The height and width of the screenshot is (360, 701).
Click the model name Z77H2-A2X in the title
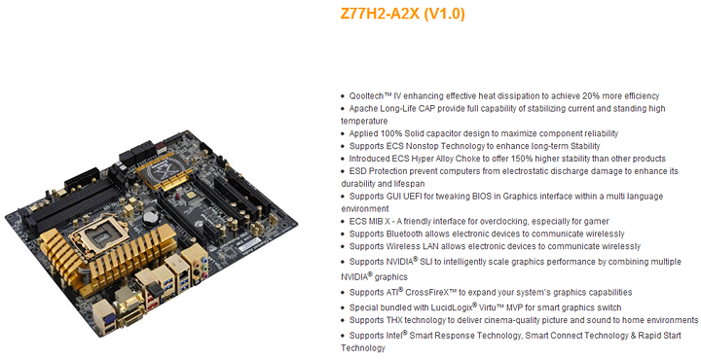tap(380, 14)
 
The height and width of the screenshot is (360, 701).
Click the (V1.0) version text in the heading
tap(444, 14)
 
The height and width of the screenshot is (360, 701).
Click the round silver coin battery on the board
tap(150, 218)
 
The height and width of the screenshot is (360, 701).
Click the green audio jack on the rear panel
tap(204, 267)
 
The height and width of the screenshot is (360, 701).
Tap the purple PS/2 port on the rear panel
tap(110, 318)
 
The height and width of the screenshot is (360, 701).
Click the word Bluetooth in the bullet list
tap(404, 234)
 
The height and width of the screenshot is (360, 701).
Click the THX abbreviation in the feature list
tap(394, 320)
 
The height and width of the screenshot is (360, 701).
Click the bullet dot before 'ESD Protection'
tap(344, 171)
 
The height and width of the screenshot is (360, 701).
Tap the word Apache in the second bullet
tap(363, 109)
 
